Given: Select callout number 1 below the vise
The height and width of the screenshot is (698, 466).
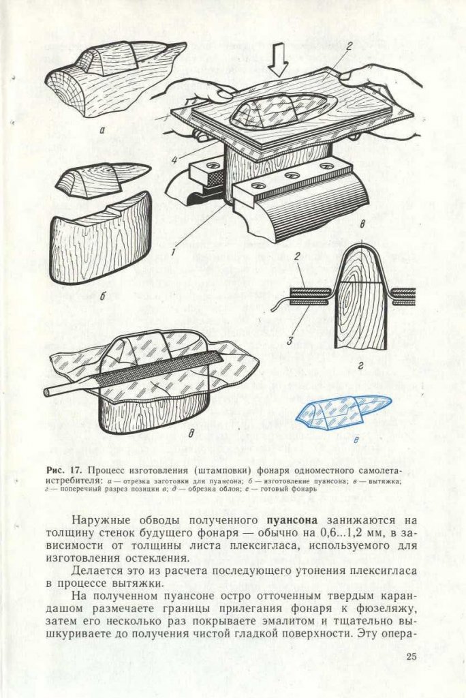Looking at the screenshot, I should (x=174, y=252).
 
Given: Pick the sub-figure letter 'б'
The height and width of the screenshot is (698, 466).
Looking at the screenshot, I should (x=102, y=297).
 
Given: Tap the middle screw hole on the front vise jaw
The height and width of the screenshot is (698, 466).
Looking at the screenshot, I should (x=294, y=176).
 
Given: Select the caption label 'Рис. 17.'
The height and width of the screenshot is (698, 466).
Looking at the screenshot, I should (x=65, y=471).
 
